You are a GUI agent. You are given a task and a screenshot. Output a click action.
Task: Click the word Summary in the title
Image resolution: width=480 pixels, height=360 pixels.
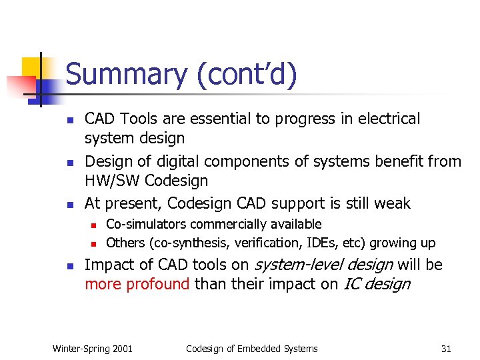127,74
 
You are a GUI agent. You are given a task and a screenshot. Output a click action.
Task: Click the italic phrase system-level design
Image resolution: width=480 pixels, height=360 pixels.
322,265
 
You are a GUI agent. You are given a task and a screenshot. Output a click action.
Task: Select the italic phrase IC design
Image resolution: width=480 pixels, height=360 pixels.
377,284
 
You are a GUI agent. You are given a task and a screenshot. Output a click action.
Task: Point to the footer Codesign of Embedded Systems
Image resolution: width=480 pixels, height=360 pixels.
251,348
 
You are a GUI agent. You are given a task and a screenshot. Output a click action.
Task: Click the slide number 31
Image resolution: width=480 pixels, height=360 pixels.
446,348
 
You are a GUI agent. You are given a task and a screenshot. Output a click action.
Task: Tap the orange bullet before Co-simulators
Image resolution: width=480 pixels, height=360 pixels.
95,225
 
